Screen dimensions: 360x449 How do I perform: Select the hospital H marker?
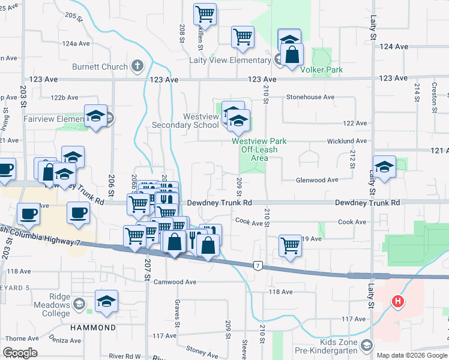[397, 302]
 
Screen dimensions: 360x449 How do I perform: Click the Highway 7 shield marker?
[258, 265]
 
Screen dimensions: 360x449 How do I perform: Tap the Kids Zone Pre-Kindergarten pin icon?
[367, 345]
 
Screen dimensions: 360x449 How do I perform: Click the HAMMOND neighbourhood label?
[92, 328]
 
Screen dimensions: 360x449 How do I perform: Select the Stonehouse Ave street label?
[310, 97]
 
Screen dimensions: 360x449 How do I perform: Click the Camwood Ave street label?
[175, 281]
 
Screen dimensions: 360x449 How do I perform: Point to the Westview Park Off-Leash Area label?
[259, 149]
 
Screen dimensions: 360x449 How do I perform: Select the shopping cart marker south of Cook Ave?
[290, 245]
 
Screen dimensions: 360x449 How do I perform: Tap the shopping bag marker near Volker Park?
[291, 55]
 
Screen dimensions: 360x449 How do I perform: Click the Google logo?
[20, 353]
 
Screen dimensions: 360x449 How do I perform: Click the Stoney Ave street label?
[202, 348]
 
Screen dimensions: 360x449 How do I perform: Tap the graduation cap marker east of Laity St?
[384, 166]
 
